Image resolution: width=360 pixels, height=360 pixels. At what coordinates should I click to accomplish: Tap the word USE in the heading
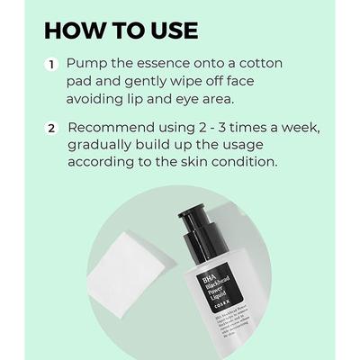[x=168, y=30]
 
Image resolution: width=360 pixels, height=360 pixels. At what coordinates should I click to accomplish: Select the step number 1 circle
[x=52, y=65]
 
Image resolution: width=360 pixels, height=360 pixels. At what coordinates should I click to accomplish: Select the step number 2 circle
[x=52, y=129]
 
